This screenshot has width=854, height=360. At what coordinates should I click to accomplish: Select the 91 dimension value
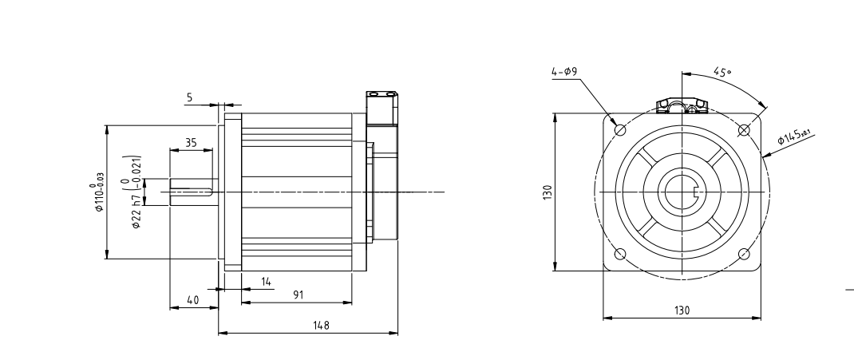pos(297,295)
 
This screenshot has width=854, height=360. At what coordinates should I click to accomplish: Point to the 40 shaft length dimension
pos(192,299)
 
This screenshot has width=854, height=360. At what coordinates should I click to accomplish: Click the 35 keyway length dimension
pos(191,141)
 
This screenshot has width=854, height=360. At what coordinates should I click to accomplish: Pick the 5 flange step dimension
pos(189,98)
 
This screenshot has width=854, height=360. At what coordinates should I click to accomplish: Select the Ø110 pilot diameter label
pos(100,192)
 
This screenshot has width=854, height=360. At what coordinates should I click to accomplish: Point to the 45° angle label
pos(722,72)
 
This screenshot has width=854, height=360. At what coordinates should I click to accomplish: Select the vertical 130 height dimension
pos(547,192)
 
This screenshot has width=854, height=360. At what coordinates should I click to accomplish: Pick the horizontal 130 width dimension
pos(682,310)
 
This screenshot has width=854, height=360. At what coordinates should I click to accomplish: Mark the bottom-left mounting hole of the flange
pos(619,255)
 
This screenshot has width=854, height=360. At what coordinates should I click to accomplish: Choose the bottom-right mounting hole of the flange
pos(744,255)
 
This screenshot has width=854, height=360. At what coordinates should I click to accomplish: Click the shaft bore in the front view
pos(682,192)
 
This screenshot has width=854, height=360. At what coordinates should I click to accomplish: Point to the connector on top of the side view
pos(382,107)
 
